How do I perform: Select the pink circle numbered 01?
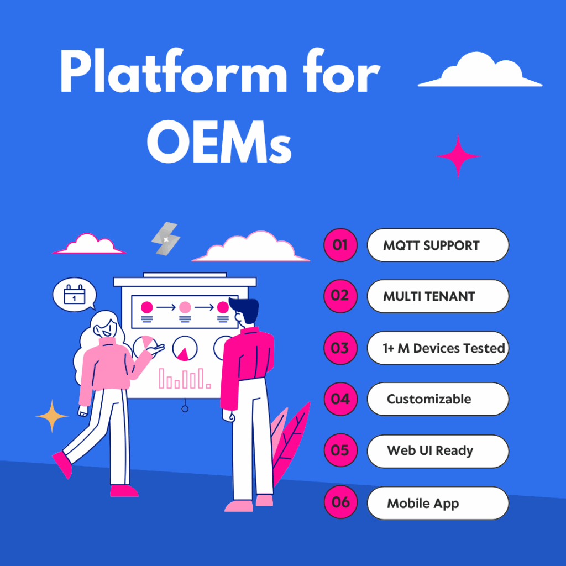pyautogui.click(x=340, y=244)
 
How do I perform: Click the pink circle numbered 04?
pyautogui.click(x=340, y=399)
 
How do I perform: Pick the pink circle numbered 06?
pyautogui.click(x=340, y=502)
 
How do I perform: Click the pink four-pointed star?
pyautogui.click(x=458, y=156)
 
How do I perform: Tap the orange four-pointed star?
pyautogui.click(x=53, y=416)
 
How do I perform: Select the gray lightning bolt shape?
pyautogui.click(x=166, y=239)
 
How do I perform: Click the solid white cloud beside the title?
pyautogui.click(x=480, y=71)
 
